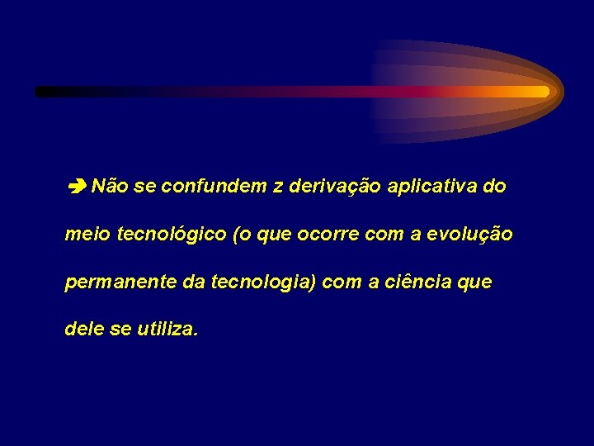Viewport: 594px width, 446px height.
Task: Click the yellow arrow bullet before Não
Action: coord(77,187)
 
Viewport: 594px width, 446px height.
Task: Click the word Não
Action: coord(109,187)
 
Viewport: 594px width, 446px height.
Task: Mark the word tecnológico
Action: coord(172,235)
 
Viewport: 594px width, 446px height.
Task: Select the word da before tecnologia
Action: coord(194,282)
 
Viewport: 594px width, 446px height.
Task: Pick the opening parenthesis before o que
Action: coord(238,235)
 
